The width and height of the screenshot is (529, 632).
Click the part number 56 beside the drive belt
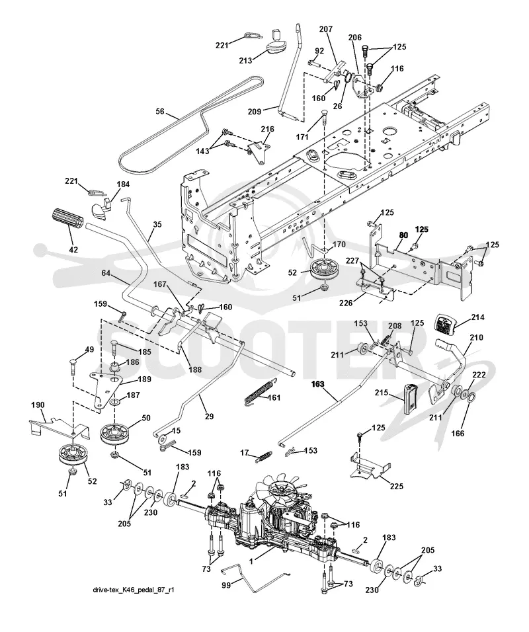point(160,111)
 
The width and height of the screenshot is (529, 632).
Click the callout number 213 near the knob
point(245,60)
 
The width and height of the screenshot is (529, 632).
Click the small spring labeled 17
point(263,456)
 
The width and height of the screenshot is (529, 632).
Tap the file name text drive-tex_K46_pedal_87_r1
point(134,590)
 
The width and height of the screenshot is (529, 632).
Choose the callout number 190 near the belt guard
point(38,405)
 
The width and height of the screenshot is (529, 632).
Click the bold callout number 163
point(318,384)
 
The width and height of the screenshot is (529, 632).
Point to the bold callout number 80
point(403,235)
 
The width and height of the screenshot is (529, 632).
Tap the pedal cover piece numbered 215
point(411,397)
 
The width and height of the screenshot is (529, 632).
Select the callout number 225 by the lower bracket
point(396,486)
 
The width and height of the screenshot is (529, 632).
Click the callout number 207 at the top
point(326,29)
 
